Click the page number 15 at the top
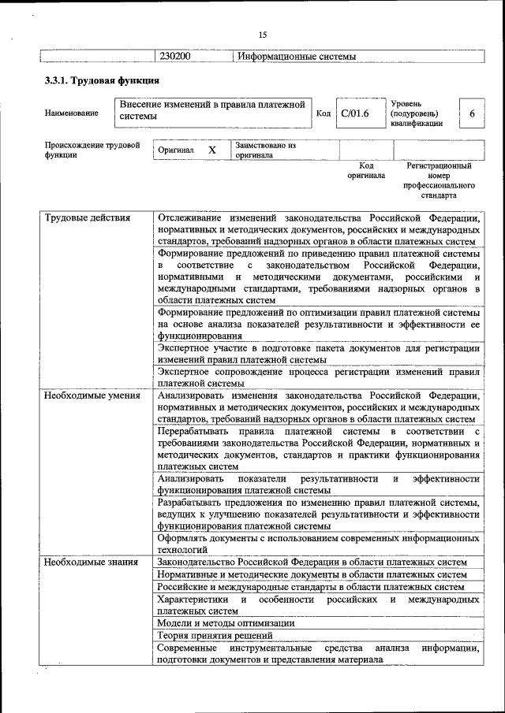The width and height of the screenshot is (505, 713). pyautogui.click(x=263, y=34)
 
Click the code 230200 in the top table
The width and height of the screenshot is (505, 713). pyautogui.click(x=175, y=57)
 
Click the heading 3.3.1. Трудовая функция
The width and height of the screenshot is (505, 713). pyautogui.click(x=102, y=81)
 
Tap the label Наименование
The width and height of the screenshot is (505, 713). pyautogui.click(x=72, y=113)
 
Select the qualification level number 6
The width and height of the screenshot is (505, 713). pyautogui.click(x=472, y=113)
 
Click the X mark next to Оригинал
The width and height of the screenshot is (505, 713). pyautogui.click(x=211, y=150)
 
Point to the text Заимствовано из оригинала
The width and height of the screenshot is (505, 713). pyautogui.click(x=264, y=150)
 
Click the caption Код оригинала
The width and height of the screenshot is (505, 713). pyautogui.click(x=366, y=171)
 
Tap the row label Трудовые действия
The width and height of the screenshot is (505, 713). pyautogui.click(x=88, y=217)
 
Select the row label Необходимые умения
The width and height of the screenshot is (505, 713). pyautogui.click(x=92, y=395)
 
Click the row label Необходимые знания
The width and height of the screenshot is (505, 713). pyautogui.click(x=92, y=562)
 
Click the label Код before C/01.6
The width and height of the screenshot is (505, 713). pyautogui.click(x=323, y=113)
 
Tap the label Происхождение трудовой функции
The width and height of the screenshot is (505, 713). pyautogui.click(x=92, y=150)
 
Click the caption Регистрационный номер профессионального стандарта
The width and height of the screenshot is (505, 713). pyautogui.click(x=439, y=180)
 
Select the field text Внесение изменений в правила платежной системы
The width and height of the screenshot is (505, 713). pyautogui.click(x=211, y=110)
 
